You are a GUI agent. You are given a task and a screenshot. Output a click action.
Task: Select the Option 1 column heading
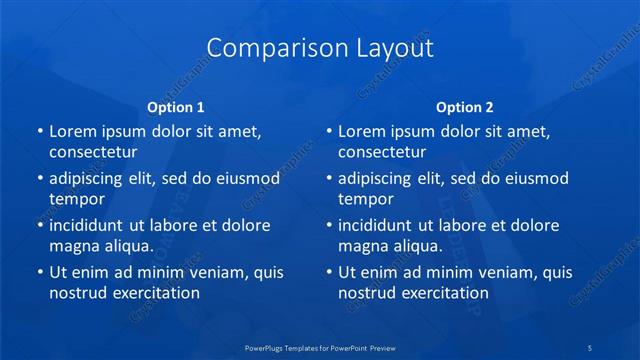click(176, 106)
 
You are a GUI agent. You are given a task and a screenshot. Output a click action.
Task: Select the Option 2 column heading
click(465, 106)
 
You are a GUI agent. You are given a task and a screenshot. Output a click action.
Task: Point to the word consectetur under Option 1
click(93, 153)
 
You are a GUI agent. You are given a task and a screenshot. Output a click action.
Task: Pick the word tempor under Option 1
click(77, 199)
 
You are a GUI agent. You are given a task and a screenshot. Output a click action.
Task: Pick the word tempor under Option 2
click(366, 199)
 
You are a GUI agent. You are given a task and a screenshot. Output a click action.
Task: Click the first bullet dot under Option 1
click(39, 132)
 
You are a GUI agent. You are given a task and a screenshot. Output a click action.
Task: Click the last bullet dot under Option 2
click(328, 272)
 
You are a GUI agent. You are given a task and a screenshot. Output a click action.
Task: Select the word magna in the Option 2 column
click(362, 246)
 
